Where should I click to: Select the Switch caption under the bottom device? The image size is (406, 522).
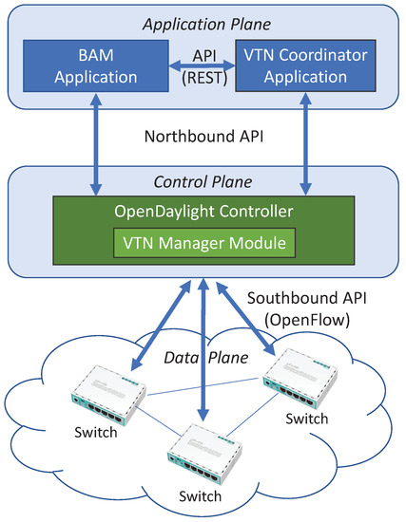(x=202, y=494)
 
